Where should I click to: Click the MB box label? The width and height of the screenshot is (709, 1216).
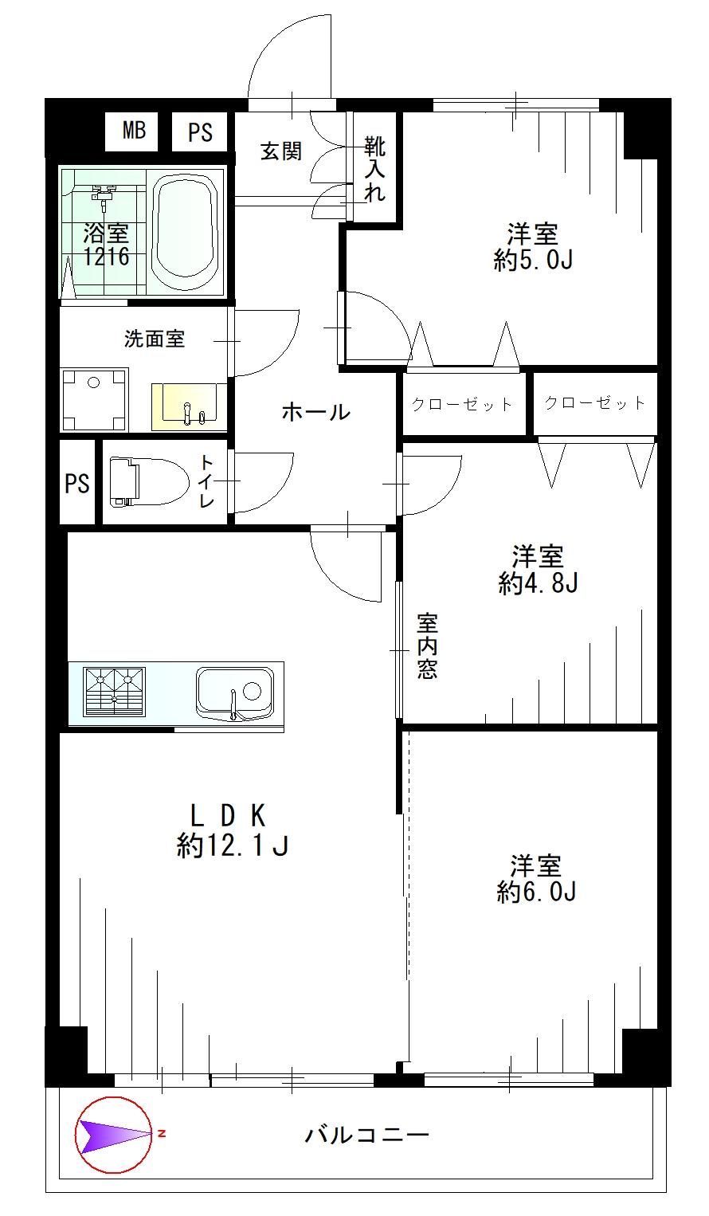click(x=133, y=131)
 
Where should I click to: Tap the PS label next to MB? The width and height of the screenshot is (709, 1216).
click(x=201, y=131)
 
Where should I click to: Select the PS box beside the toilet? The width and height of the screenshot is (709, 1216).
click(x=77, y=483)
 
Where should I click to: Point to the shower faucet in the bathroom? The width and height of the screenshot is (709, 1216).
click(x=101, y=194)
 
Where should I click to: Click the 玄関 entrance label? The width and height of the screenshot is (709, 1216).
click(x=281, y=151)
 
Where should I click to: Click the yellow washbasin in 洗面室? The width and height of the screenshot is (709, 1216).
click(x=188, y=405)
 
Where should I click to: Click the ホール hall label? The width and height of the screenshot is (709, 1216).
click(x=315, y=412)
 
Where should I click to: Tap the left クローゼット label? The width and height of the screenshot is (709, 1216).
click(x=463, y=405)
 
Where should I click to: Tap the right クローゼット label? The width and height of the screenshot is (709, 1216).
click(x=595, y=403)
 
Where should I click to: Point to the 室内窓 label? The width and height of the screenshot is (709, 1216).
click(x=427, y=645)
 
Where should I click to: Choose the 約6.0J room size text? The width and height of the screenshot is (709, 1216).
click(x=536, y=892)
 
